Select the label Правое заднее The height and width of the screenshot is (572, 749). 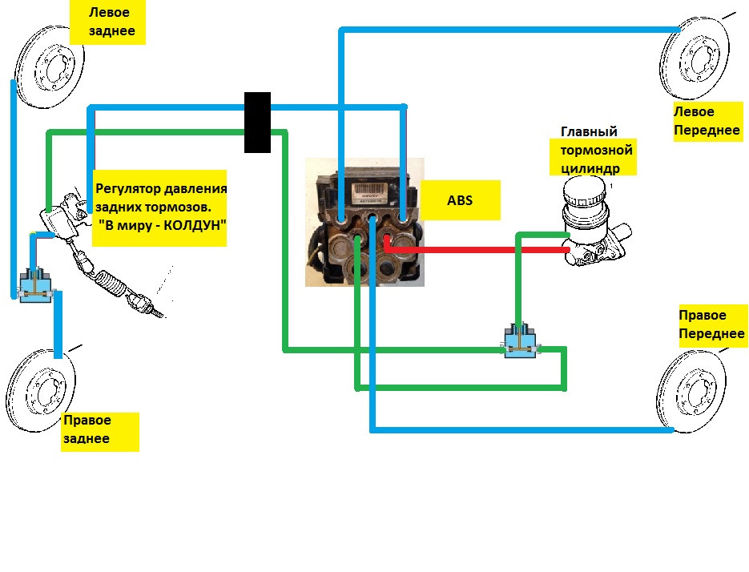click(x=99, y=431)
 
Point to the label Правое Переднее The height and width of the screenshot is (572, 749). click(x=712, y=324)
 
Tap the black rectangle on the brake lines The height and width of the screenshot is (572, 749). click(x=257, y=122)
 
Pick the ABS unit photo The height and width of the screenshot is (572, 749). click(x=364, y=222)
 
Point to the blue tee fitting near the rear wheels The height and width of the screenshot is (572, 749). click(x=35, y=284)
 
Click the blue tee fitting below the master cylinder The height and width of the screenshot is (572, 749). click(x=521, y=340)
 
